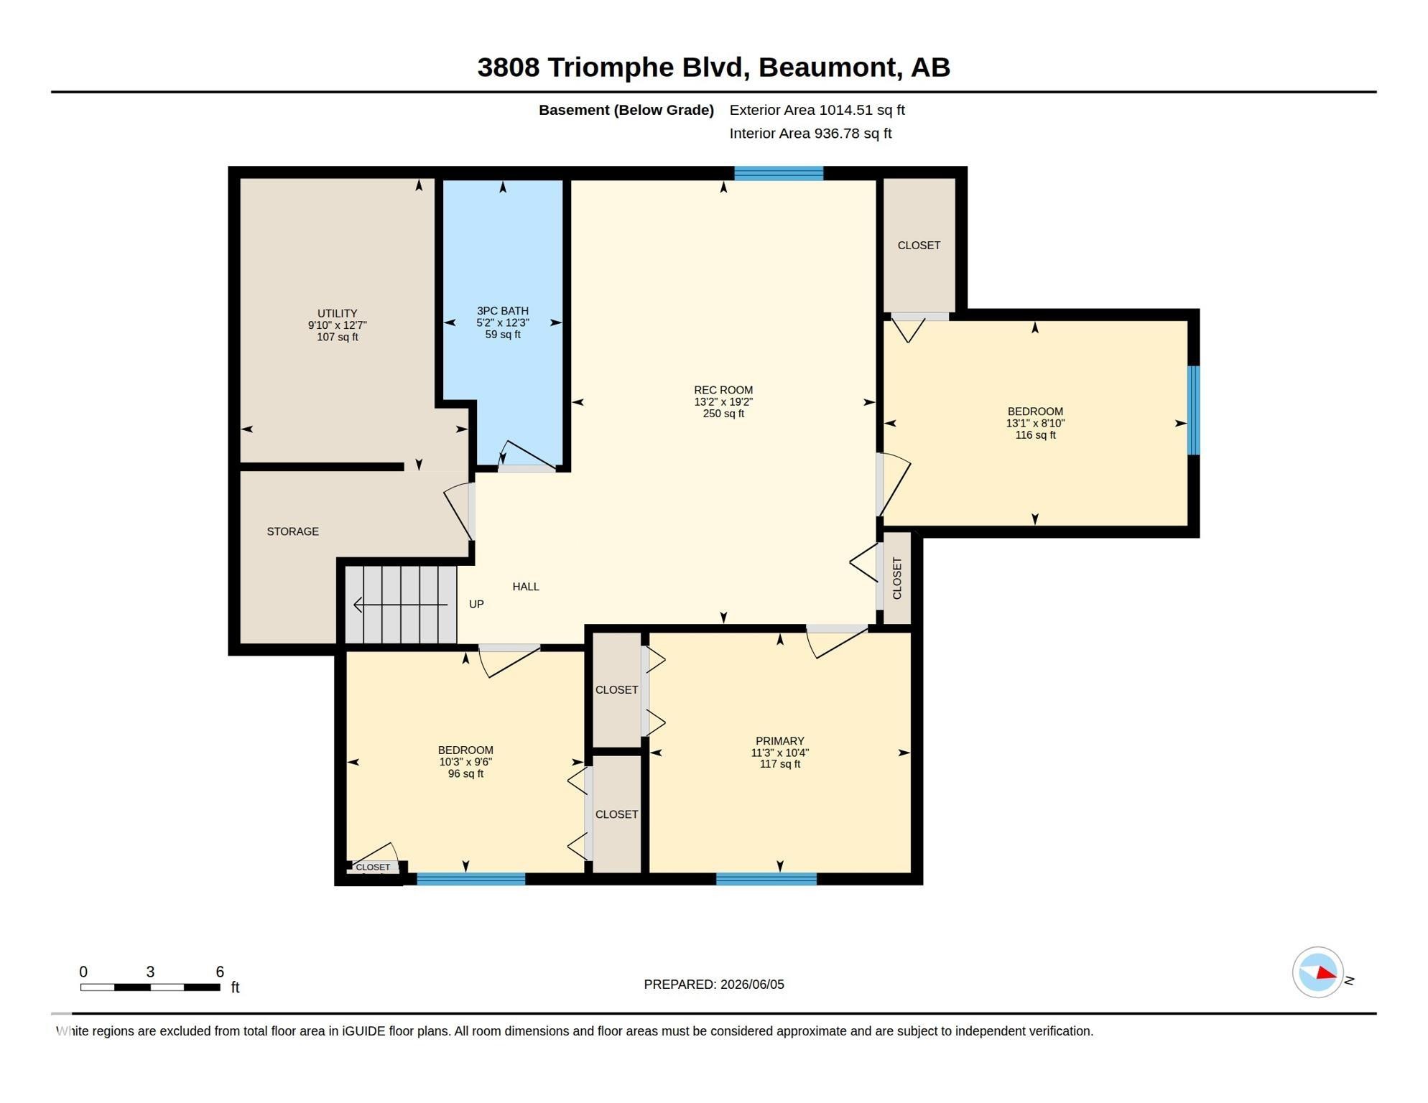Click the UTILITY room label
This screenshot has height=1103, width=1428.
(337, 314)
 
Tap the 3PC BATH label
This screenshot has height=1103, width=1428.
(503, 311)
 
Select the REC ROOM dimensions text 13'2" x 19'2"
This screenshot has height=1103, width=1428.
(723, 402)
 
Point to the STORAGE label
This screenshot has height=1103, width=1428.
(292, 531)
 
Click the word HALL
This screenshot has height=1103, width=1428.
(526, 587)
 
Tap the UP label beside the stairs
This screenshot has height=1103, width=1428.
(476, 605)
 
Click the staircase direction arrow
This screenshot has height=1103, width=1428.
(401, 605)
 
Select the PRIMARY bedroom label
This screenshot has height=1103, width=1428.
(780, 741)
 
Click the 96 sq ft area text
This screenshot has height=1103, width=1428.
(465, 774)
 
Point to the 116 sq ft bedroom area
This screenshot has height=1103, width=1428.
(1035, 435)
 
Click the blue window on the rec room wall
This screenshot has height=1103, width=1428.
(779, 173)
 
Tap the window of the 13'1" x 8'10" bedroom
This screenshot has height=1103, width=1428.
(1193, 410)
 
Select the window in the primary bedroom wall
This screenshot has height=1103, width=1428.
(766, 879)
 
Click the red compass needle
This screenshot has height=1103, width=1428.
(1326, 974)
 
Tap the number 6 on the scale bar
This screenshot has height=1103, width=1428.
(220, 972)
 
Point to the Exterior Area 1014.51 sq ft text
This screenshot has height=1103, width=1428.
(817, 110)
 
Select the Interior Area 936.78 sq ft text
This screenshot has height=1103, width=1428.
(810, 134)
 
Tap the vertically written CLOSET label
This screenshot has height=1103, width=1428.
(897, 578)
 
